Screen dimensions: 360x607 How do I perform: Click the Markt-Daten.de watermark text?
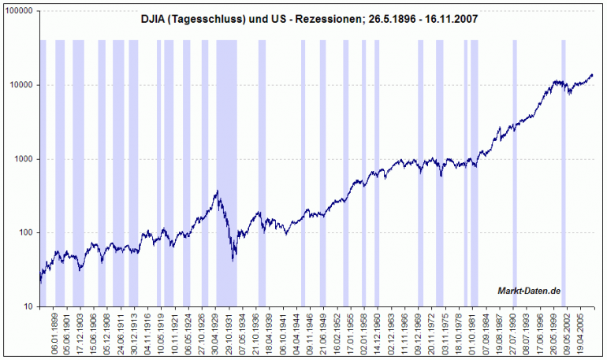click(528, 291)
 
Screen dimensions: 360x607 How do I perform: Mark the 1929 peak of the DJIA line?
click(217, 191)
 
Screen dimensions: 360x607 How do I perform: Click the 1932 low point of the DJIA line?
click(233, 259)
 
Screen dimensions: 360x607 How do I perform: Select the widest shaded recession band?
click(226, 158)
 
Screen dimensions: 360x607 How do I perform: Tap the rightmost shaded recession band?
click(564, 158)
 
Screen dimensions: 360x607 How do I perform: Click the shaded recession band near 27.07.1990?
click(515, 158)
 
